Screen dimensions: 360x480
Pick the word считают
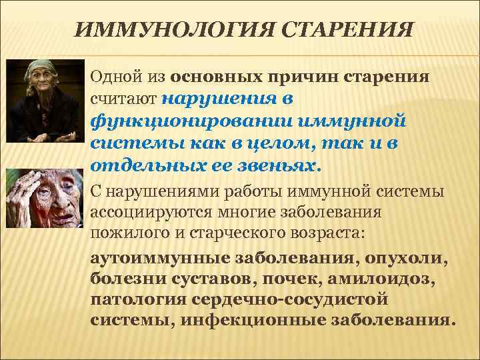click(x=123, y=99)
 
